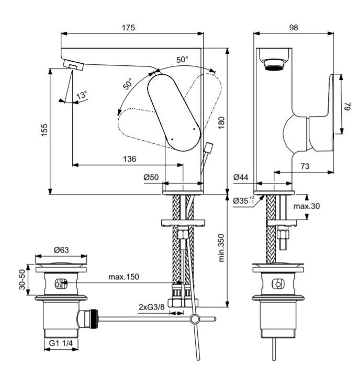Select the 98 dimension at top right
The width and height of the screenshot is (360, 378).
pos(294,28)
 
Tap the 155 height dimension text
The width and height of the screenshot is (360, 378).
pos(44,131)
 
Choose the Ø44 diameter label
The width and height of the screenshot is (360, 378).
pos(241,178)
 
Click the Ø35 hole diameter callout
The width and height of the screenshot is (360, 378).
pos(243,200)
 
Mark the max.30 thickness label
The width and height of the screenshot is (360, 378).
pos(306,206)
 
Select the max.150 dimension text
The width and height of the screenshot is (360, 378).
pos(124,277)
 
